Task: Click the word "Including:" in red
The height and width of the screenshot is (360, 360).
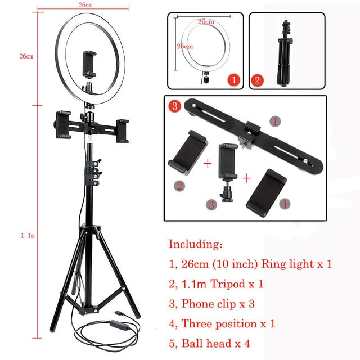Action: point(196,245)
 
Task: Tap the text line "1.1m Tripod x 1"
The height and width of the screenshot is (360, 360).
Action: point(222,283)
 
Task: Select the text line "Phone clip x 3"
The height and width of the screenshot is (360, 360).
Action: point(218,303)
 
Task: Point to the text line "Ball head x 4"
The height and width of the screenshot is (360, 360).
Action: point(215,343)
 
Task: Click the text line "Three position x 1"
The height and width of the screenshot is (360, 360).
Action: point(228,323)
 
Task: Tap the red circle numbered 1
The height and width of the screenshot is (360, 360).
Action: point(233,79)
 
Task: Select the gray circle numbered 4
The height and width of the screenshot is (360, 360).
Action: point(285,204)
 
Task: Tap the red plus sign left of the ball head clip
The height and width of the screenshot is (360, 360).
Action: point(208,164)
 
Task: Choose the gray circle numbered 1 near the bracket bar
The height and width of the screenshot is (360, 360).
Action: point(274,120)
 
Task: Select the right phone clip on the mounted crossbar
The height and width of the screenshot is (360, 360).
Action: point(122,130)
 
